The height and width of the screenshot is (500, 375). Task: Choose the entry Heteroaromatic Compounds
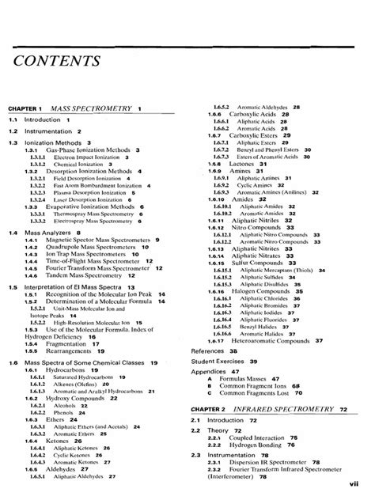(x=270, y=340)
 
